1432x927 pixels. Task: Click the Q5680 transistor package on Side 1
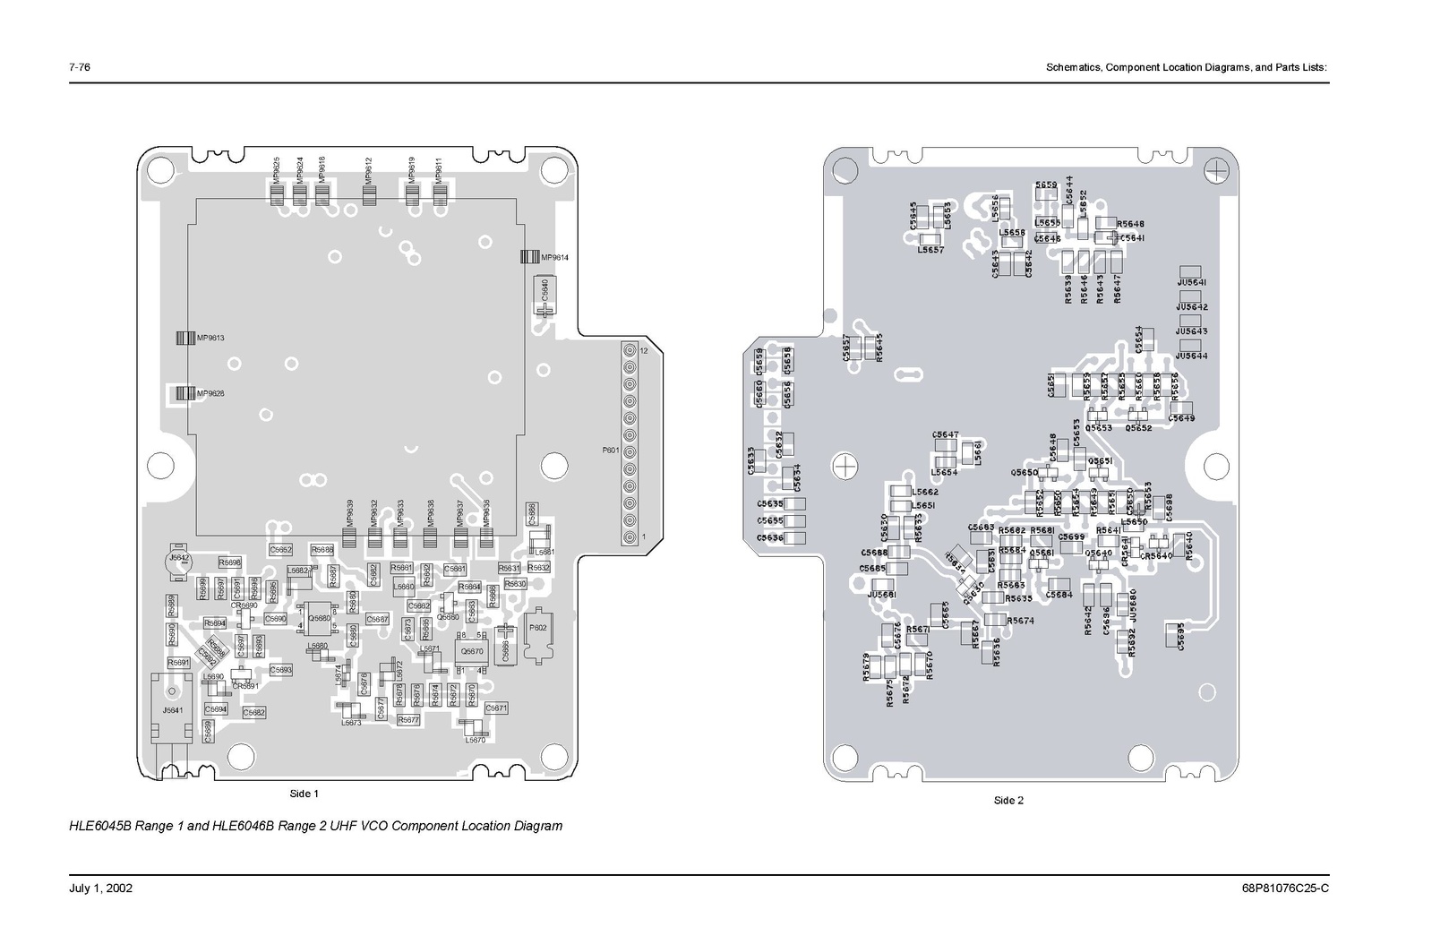319,617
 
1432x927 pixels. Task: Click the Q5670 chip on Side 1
471,650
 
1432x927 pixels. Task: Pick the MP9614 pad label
554,258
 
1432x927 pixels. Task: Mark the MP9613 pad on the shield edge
184,338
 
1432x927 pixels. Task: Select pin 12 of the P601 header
630,351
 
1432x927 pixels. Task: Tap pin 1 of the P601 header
630,536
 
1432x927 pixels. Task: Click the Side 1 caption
304,794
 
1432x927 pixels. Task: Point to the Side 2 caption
1008,801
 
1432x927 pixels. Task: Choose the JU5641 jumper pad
1190,272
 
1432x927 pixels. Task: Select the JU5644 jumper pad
1190,346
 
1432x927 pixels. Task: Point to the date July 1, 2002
100,888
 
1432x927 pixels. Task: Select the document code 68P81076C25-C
1285,888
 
